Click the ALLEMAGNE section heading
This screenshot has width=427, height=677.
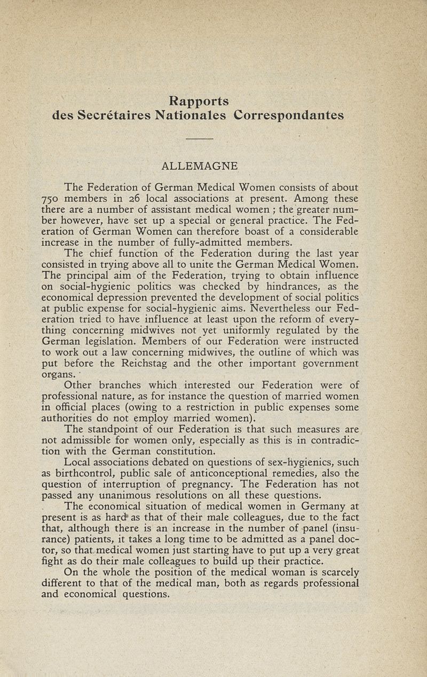pyautogui.click(x=199, y=167)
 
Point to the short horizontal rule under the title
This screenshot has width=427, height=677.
pyautogui.click(x=200, y=139)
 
